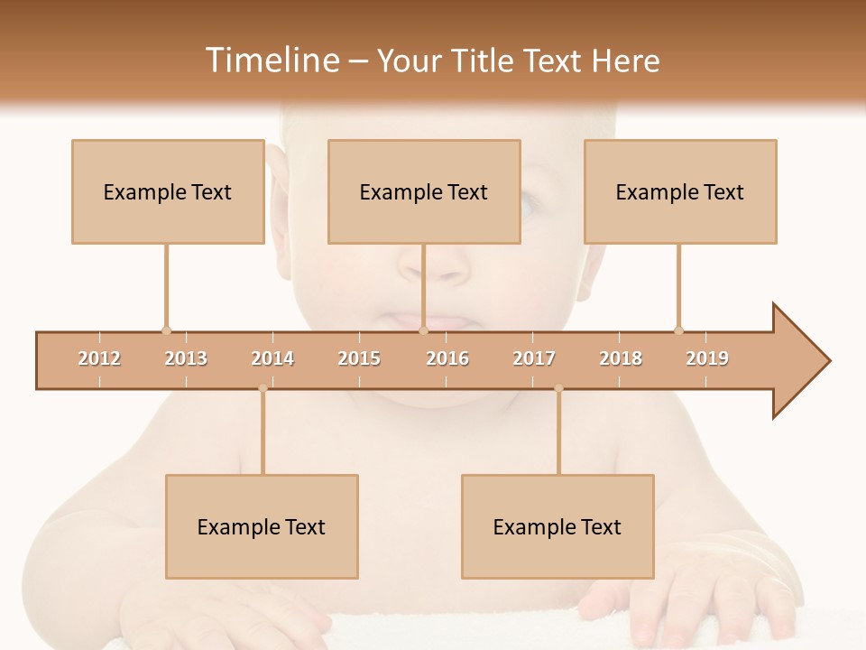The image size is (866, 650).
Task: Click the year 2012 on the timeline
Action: (x=99, y=358)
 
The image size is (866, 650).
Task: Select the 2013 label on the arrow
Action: (x=186, y=358)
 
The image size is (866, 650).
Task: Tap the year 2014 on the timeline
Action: (x=272, y=358)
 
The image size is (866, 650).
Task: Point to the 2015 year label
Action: (x=359, y=358)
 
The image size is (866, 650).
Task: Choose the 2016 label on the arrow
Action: (x=447, y=358)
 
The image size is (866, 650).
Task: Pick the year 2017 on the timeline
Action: (x=534, y=358)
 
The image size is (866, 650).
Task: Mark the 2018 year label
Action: (x=621, y=358)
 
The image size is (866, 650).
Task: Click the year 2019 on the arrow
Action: (x=707, y=358)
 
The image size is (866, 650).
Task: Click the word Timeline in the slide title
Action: (x=271, y=60)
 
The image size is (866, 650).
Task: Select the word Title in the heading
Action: (x=483, y=60)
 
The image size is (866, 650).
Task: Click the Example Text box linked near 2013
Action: (x=168, y=191)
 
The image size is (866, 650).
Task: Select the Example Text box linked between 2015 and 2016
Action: (x=424, y=191)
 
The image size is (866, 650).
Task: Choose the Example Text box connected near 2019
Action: (x=680, y=191)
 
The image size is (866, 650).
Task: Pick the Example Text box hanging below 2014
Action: (x=262, y=526)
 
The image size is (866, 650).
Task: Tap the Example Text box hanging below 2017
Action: (x=557, y=526)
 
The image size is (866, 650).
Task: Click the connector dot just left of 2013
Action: (x=166, y=330)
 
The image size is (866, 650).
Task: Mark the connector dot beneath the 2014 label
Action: (x=263, y=389)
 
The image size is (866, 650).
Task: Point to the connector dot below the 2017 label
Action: (x=558, y=389)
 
